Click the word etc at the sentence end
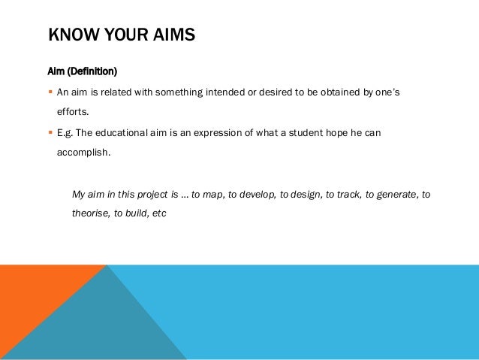pyautogui.click(x=158, y=213)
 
